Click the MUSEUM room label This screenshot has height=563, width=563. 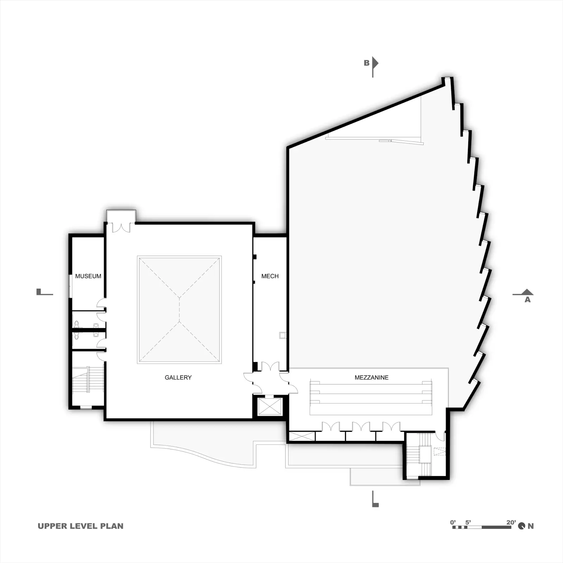[88, 276]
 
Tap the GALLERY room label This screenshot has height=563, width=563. [178, 378]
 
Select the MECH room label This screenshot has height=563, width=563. [270, 276]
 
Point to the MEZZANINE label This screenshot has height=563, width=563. [372, 378]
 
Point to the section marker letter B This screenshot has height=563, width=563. [367, 63]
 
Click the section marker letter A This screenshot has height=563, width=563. [527, 300]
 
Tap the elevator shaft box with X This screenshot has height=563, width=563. [270, 406]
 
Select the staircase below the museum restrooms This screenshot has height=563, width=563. [88, 380]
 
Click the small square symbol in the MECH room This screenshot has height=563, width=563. [282, 335]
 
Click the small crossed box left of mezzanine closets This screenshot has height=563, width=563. [302, 436]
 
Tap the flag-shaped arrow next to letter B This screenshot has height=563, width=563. [375, 67]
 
